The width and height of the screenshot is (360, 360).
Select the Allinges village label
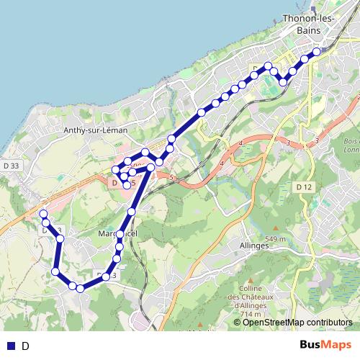coord(253,245)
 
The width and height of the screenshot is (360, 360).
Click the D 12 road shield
coord(305,187)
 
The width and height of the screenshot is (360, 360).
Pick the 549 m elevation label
coord(274,240)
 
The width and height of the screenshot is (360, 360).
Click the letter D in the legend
coord(26,346)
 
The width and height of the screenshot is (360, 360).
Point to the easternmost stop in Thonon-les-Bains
coord(317,51)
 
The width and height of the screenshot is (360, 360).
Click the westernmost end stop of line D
coord(43,214)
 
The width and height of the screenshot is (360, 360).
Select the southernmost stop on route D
coord(80,289)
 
